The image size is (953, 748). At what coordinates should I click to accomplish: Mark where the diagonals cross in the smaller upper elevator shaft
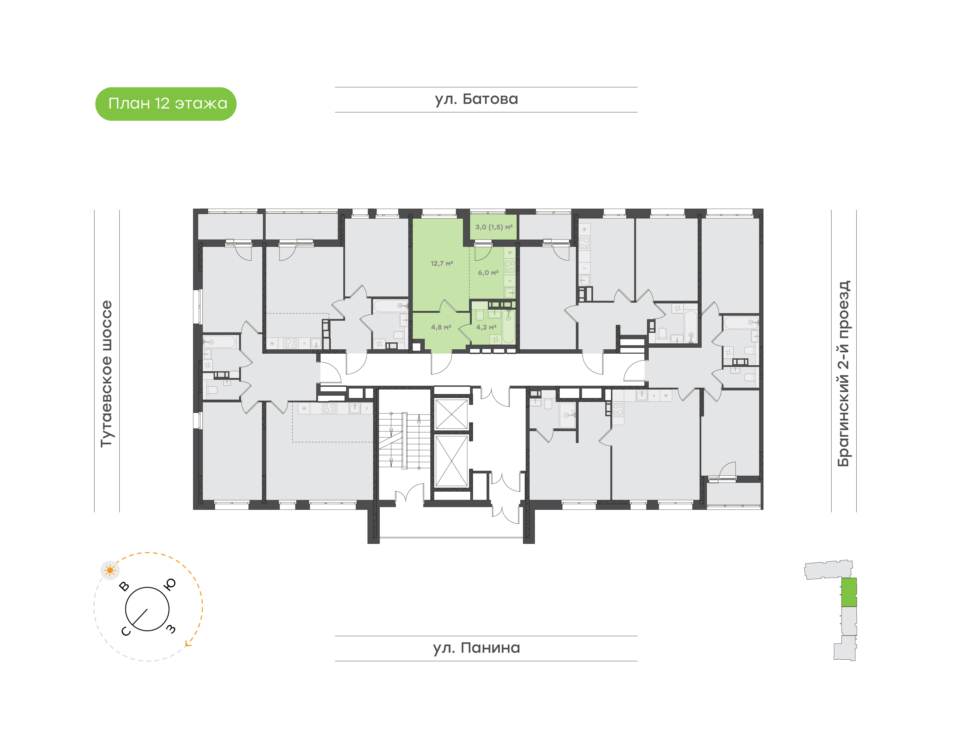tap(452, 414)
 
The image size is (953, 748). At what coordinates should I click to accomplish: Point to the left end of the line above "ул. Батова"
tap(335, 87)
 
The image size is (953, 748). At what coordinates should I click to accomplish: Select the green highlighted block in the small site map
tap(849, 592)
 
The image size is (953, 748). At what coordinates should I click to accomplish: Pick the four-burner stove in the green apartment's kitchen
tap(509, 267)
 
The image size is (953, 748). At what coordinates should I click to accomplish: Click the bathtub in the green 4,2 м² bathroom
tap(508, 326)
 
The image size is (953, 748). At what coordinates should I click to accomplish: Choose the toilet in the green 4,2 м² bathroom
tap(480, 315)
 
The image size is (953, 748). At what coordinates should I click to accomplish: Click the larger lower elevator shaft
tap(452, 461)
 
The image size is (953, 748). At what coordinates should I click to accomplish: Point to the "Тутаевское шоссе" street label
tap(107, 374)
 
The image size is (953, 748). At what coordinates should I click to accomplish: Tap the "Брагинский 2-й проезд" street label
tap(843, 374)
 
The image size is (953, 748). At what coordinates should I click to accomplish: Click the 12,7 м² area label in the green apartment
tap(442, 263)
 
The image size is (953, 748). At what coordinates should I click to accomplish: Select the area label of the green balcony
tap(494, 227)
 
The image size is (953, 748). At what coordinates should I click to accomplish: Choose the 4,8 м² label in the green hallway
tap(441, 327)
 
